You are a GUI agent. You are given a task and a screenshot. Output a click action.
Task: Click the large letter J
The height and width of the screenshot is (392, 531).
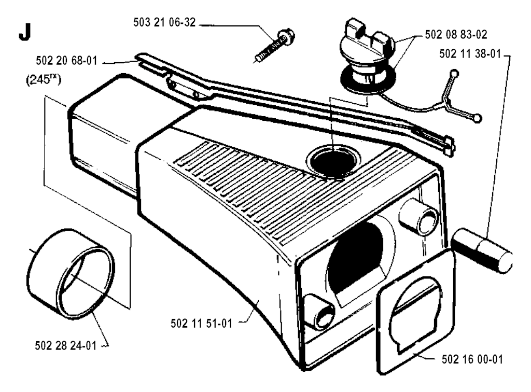pos(25,33)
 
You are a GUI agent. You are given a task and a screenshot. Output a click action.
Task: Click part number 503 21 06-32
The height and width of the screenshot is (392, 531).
pos(164,22)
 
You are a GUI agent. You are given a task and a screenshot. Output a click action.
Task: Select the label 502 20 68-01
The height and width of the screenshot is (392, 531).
pos(66,61)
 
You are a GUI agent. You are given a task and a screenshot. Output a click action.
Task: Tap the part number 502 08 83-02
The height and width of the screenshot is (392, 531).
pos(456,35)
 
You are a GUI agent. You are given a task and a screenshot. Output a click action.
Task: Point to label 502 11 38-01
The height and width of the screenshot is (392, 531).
pos(470,53)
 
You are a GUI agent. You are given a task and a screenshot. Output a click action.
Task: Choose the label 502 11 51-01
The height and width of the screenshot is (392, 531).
pos(202,323)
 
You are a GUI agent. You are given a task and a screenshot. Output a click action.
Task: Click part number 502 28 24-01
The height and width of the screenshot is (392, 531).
pos(66,346)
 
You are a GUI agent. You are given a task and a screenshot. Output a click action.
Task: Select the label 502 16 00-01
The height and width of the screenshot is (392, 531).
pos(472,359)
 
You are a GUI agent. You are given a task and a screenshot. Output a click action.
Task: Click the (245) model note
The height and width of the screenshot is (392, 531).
pos(44,80)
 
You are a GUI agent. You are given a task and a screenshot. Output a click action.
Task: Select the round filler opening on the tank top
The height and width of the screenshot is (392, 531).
pos(333,161)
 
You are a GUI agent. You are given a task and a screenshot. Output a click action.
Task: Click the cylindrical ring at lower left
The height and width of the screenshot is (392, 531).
pos(71,274)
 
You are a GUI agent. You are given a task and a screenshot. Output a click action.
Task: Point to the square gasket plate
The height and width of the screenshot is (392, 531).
pos(415,312)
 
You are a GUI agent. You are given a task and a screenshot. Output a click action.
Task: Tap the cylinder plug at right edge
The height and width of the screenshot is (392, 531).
pos(482,250)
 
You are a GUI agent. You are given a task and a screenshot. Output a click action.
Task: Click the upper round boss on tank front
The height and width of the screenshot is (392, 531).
pos(418,217)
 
